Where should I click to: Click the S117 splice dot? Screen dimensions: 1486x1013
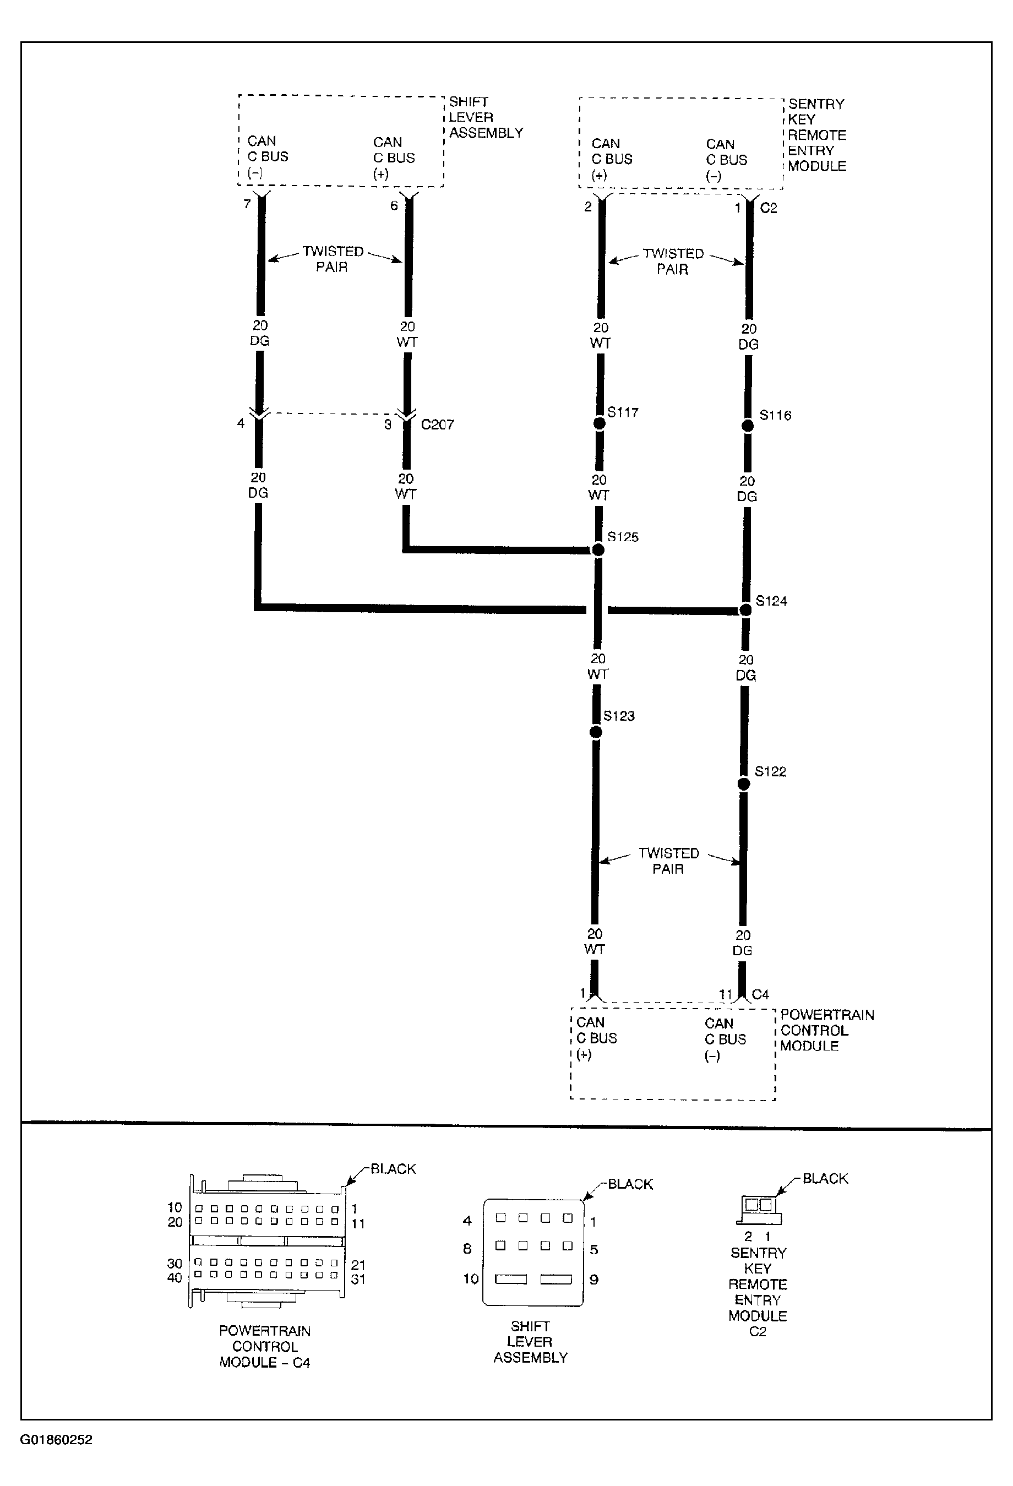pyautogui.click(x=599, y=423)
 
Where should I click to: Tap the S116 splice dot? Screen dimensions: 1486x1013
pyautogui.click(x=747, y=426)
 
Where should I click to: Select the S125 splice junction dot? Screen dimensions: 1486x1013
pyautogui.click(x=598, y=549)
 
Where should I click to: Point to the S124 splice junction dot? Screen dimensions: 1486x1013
pyautogui.click(x=745, y=610)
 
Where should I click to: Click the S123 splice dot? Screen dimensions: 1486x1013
pyautogui.click(x=595, y=732)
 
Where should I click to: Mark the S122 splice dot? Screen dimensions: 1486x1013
pyautogui.click(x=744, y=784)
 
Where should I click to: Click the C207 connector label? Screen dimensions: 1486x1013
pyautogui.click(x=438, y=424)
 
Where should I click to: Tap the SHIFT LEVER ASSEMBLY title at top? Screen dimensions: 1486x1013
pyautogui.click(x=486, y=118)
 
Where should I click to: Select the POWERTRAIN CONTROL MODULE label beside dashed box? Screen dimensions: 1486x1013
pyautogui.click(x=826, y=1030)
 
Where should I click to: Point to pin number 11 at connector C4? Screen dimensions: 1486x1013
pyautogui.click(x=725, y=994)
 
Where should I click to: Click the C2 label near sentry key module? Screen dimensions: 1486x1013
pyautogui.click(x=768, y=208)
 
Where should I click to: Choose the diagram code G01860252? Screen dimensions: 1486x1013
pyautogui.click(x=56, y=1440)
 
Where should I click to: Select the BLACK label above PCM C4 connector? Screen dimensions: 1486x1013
pyautogui.click(x=393, y=1169)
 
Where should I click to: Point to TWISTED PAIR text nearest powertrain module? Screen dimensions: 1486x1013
pyautogui.click(x=668, y=861)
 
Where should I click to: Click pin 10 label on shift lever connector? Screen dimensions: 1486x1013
pyautogui.click(x=471, y=1279)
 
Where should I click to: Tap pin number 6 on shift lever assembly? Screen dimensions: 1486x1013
pyautogui.click(x=394, y=205)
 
